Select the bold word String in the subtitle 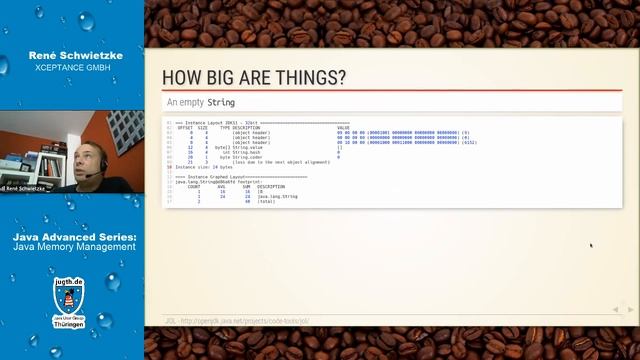221,102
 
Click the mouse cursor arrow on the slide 590,244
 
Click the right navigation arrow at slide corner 631,310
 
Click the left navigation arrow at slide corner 615,310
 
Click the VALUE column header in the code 343,128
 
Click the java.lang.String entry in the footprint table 277,197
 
